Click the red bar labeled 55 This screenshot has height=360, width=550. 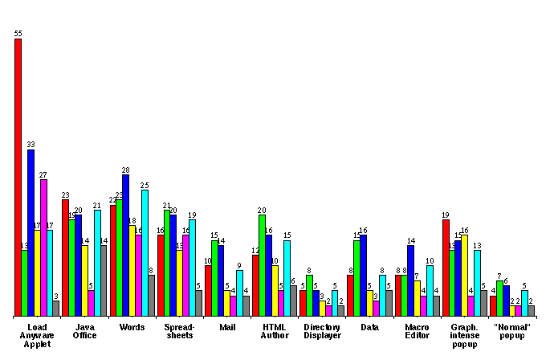(x=18, y=177)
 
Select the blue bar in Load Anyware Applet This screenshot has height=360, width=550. (x=31, y=233)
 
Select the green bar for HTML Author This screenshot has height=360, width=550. (x=262, y=265)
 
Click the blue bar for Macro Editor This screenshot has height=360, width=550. (x=410, y=280)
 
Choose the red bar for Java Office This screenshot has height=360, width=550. (x=65, y=258)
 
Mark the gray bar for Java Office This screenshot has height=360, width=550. (x=104, y=280)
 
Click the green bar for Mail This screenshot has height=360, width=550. (x=214, y=278)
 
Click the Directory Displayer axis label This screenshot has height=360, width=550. (x=322, y=332)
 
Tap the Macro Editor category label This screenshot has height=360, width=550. (x=417, y=332)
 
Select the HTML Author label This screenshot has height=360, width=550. (x=275, y=332)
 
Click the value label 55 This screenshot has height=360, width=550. (x=18, y=34)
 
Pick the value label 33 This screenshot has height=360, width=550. (x=31, y=145)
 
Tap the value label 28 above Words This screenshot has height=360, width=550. (x=125, y=170)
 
